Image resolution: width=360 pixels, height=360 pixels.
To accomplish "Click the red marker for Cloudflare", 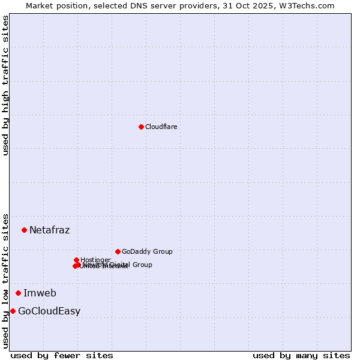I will pos(141,127).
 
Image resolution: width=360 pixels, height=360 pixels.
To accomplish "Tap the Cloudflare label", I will pos(161,127).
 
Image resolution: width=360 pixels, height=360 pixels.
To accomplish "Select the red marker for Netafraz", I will pos(24,230).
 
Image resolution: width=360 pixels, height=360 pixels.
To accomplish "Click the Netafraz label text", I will pos(49,230).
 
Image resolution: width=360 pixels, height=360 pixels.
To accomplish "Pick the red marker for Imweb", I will pos(18,293).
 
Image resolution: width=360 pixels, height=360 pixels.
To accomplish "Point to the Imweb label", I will pos(40,293).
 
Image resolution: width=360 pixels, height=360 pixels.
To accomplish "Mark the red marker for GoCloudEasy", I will pos(13,311).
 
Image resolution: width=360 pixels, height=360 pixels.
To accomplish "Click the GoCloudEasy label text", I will pos(49,311).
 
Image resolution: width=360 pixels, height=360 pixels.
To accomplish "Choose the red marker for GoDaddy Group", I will pos(118,251).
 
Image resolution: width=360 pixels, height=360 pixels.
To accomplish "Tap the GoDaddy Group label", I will pos(146,251).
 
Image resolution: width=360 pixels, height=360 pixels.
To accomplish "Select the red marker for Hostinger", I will pos(76,260).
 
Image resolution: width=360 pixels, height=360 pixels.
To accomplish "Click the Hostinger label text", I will pos(95,260).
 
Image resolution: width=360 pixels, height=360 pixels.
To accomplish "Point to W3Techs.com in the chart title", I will pos(307,5).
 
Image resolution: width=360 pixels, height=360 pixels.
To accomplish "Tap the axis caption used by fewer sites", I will pos(62,355).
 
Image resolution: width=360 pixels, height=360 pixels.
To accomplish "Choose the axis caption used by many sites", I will pos(301,355).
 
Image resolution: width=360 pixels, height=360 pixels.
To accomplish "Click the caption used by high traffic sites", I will pos(5,85).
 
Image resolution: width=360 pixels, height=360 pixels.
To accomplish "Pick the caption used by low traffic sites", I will pos(5,280).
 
